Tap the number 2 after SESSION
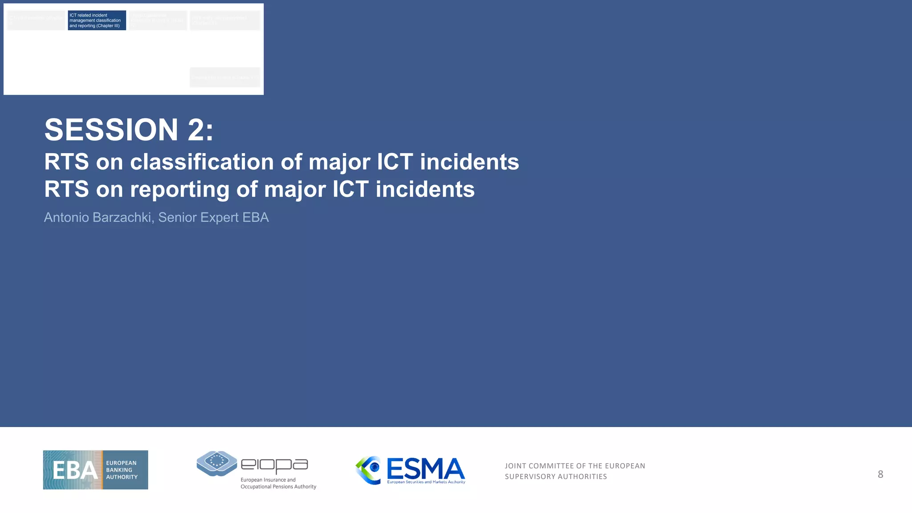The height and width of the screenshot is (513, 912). (196, 130)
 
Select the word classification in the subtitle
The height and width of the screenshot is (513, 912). (202, 162)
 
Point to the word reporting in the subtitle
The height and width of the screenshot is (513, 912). (179, 189)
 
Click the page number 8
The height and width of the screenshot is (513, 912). (880, 474)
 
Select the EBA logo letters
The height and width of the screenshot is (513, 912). (74, 470)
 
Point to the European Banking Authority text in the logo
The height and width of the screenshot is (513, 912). (122, 470)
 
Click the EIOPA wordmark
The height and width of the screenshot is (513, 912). (274, 466)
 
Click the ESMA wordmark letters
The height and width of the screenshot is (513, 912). (425, 469)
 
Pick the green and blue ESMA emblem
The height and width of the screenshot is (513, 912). (369, 470)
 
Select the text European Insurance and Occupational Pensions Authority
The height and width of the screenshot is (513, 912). (278, 483)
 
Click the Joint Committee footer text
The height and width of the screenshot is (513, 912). (575, 471)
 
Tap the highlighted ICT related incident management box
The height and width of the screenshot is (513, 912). (97, 20)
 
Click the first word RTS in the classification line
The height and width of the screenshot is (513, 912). (66, 162)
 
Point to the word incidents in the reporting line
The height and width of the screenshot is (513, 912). (425, 189)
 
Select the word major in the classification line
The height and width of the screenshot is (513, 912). (339, 162)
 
